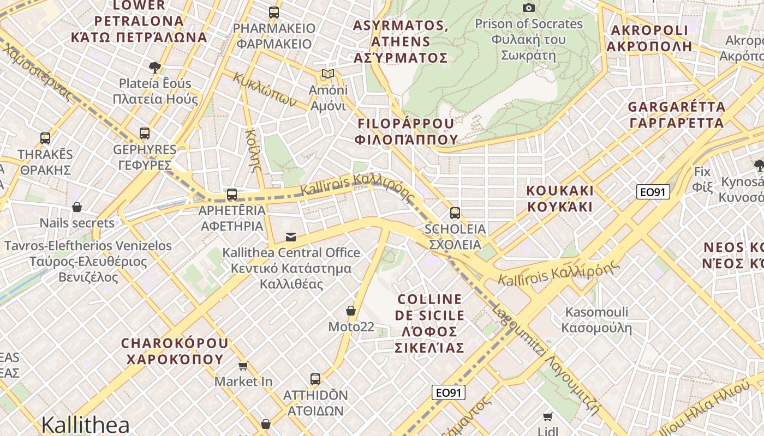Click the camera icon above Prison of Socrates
[528, 8]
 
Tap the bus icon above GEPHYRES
[145, 133]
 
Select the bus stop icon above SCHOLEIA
[455, 213]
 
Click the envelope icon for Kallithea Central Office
[291, 237]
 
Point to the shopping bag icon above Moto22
[351, 311]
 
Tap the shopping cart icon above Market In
[243, 366]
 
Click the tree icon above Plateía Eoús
[155, 67]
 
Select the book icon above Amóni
[327, 74]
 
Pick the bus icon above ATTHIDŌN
[315, 379]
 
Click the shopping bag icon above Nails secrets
[77, 207]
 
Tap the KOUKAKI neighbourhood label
[559, 199]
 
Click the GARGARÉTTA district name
[677, 114]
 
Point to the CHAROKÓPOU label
[175, 352]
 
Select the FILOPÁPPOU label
[405, 131]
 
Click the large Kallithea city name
[85, 425]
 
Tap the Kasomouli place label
[596, 320]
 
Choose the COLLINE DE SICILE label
[430, 323]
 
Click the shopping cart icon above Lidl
[548, 416]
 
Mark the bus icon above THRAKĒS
[45, 138]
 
